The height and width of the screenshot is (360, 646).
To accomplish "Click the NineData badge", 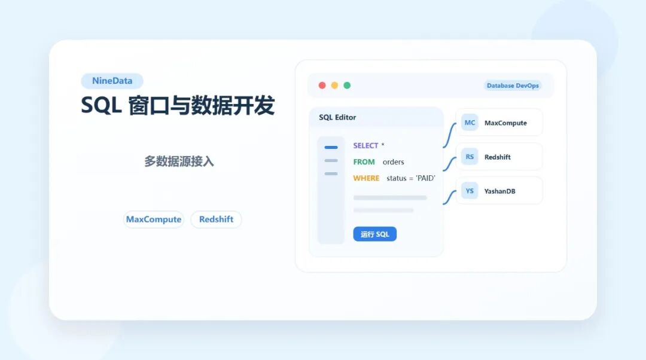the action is (112, 81).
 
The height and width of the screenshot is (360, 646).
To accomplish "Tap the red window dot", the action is (322, 86).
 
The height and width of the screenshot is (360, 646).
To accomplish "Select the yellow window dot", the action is (334, 86).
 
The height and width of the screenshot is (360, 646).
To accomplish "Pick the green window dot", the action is (347, 86).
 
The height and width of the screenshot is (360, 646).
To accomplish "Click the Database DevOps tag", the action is (513, 86).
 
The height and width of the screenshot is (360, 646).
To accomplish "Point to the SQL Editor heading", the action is (337, 117).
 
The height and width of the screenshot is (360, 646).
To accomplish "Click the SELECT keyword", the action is (365, 145).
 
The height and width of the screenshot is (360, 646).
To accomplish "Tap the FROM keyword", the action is (364, 162).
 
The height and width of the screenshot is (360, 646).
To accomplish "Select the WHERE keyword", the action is (366, 178).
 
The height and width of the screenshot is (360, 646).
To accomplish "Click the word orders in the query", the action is (394, 162).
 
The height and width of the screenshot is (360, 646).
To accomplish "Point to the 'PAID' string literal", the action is (426, 178).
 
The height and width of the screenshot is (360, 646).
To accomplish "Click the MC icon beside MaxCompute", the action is (470, 123).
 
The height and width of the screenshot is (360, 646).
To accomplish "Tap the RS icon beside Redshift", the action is (470, 157).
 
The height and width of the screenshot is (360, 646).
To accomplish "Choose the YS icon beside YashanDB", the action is (470, 191).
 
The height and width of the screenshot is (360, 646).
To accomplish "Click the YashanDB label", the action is (499, 191).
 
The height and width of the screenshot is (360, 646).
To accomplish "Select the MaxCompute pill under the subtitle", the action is (154, 219).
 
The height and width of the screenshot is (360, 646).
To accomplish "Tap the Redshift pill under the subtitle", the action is (217, 219).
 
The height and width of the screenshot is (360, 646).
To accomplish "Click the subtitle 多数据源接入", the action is (179, 161).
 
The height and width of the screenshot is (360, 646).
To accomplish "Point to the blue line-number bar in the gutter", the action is (331, 147).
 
